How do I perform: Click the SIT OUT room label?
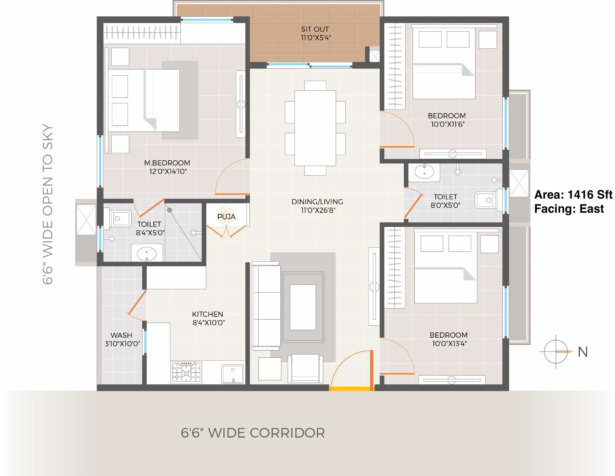[x=315, y=34]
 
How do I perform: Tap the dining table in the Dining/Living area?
[x=315, y=128]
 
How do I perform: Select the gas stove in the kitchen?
[x=186, y=372]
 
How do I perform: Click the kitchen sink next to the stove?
[x=233, y=374]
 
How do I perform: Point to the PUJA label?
[x=226, y=216]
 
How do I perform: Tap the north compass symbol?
[x=556, y=351]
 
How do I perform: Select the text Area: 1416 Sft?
[x=573, y=195]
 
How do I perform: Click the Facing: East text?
[x=569, y=209]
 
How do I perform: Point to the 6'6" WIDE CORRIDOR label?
[x=253, y=433]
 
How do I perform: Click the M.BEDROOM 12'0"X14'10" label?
[x=167, y=167]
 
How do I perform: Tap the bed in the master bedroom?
[x=144, y=101]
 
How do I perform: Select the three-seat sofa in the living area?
[x=266, y=306]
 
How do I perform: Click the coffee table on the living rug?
[x=303, y=307]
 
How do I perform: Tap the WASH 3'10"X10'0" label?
[x=122, y=339]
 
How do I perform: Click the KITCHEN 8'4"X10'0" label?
[x=208, y=318]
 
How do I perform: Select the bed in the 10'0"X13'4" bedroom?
[x=446, y=268]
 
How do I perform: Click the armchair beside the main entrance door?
[x=305, y=368]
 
